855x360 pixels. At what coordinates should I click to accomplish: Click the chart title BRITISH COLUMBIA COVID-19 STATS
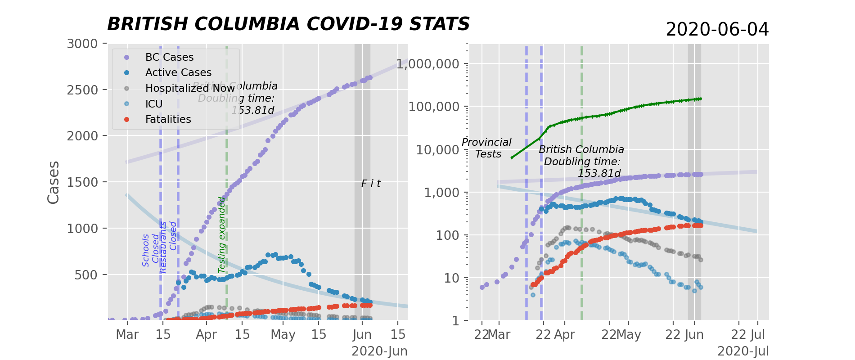288,24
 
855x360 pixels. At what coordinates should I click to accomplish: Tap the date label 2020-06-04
717,30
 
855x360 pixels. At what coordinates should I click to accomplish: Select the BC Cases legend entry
169,57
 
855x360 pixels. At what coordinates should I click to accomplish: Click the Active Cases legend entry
178,72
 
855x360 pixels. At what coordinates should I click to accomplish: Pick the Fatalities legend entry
168,119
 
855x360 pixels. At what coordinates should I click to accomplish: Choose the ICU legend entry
153,104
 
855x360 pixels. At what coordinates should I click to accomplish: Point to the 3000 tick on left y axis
82,44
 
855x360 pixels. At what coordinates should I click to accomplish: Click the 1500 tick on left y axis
82,182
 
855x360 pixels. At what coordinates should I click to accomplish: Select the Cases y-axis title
54,182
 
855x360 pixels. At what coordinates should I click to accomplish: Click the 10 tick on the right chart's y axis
451,278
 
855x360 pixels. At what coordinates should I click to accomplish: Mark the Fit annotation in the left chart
371,184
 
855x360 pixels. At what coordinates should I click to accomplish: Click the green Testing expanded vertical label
221,235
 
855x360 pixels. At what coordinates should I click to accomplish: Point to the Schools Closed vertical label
151,250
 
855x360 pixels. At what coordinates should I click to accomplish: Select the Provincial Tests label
487,148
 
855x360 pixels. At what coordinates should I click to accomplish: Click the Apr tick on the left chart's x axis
207,335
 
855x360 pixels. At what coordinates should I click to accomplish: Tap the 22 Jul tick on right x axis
748,335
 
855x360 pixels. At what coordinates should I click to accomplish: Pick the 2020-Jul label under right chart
743,351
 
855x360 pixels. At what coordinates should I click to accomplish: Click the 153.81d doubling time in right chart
599,174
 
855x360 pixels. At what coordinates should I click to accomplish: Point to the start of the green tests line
512,158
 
